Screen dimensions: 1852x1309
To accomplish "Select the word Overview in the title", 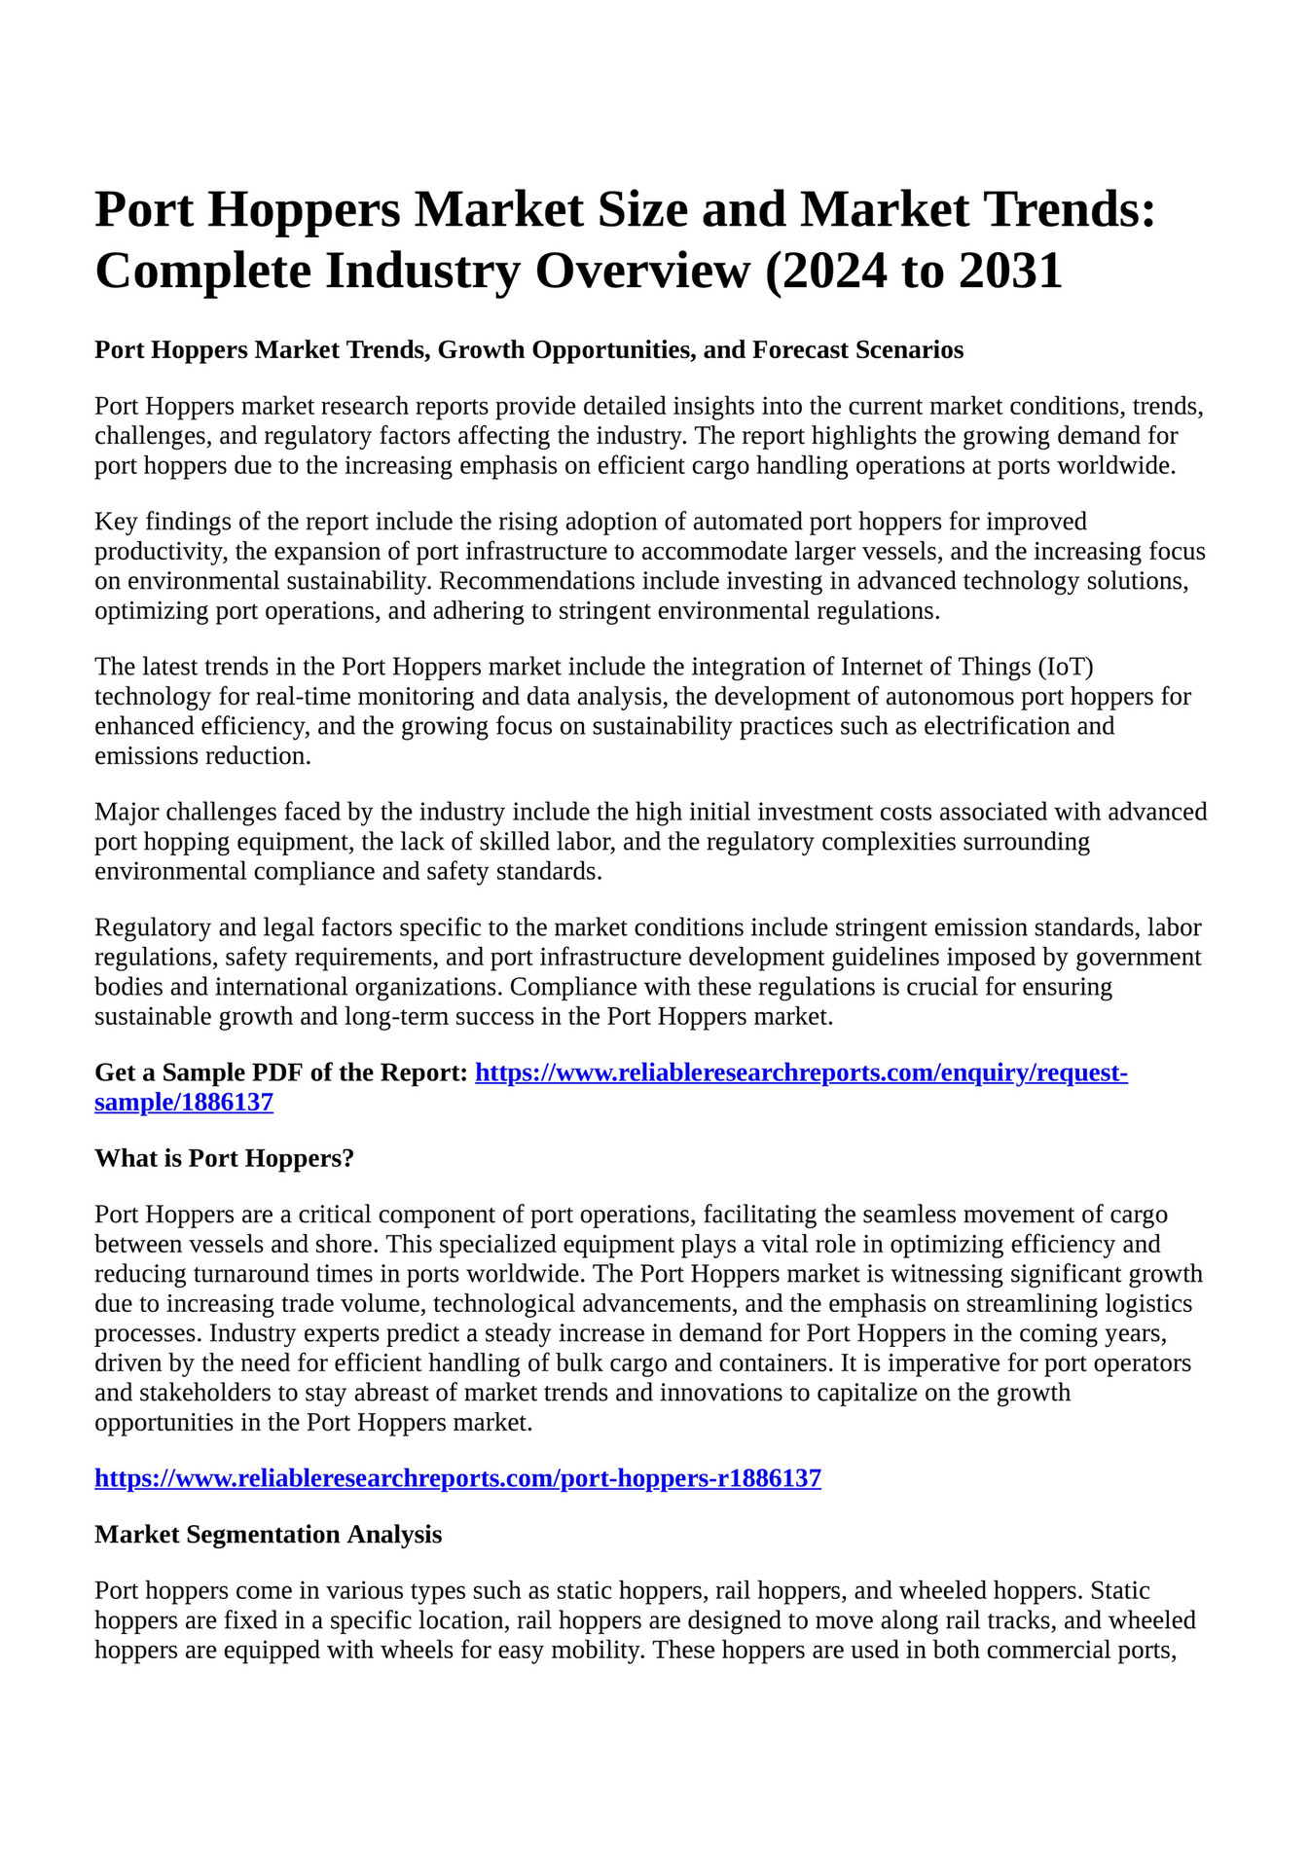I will click(642, 271).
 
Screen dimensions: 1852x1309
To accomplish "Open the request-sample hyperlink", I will click(800, 1073).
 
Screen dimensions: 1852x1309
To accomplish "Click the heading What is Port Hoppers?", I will click(224, 1158).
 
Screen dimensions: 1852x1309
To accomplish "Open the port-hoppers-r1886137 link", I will click(457, 1478).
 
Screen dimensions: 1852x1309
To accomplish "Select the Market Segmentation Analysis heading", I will click(268, 1535).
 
